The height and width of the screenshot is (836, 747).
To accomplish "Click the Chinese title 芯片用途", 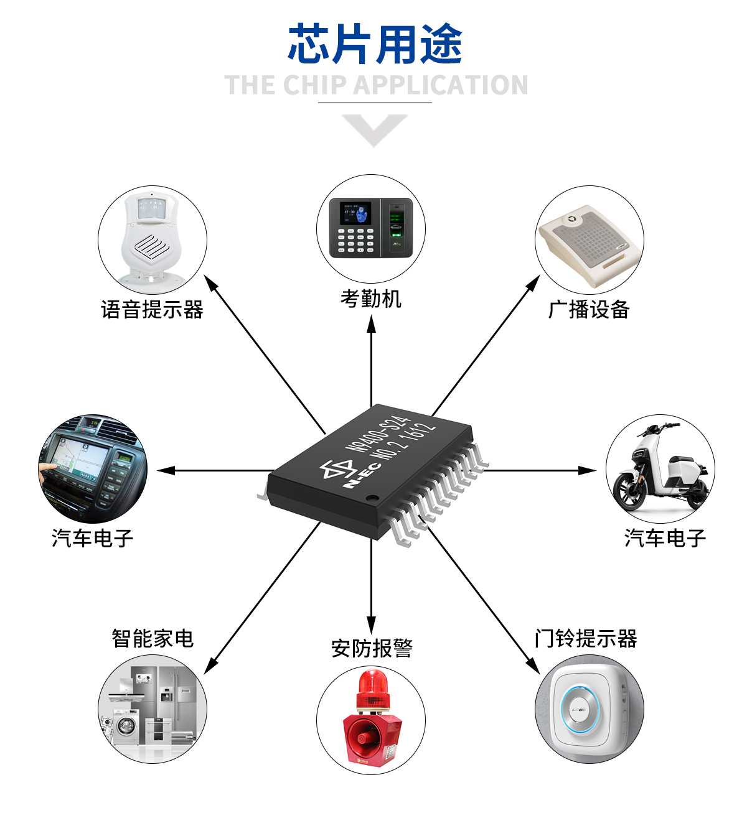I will pos(375,44).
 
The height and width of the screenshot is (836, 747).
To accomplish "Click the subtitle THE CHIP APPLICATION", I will pos(376,85).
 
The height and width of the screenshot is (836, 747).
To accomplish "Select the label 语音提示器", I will pos(152,309).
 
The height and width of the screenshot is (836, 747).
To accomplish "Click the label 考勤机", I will pos(371,299).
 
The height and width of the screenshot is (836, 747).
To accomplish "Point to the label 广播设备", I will pos(589,309).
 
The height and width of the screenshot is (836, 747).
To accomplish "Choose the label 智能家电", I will pos(153,638).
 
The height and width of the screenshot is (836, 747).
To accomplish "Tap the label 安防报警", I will pos(372,648).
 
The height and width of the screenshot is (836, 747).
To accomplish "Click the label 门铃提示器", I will pos(586,638).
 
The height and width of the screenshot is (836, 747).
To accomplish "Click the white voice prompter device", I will pos(151,239).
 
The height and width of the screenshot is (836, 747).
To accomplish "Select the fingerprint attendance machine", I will pos(371,227).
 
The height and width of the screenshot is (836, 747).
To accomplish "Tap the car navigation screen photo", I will pos(92,468).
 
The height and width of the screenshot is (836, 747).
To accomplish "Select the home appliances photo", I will pos(153,709).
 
